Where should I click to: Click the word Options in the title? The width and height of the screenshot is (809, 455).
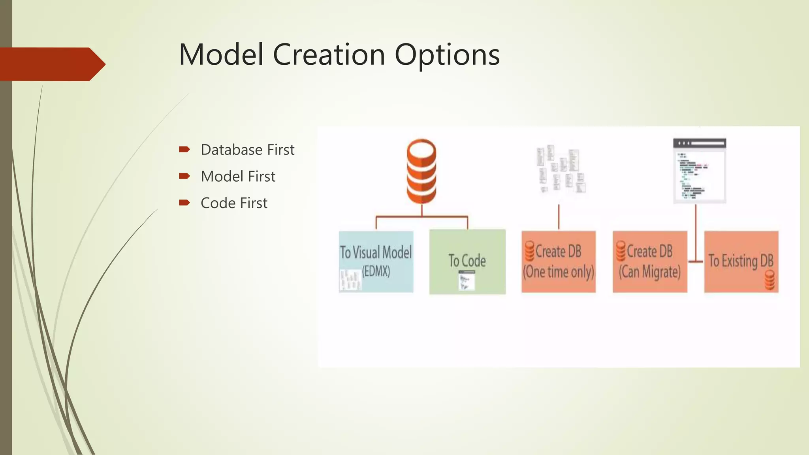[x=447, y=55]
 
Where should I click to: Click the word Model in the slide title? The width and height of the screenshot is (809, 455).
[x=221, y=55]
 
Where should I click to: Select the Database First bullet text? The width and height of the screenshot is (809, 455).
[x=247, y=150]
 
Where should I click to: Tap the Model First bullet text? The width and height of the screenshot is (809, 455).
[x=238, y=177]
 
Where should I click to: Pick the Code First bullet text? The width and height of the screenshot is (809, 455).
[x=234, y=203]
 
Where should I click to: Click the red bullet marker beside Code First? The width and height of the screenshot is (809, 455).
[x=184, y=203]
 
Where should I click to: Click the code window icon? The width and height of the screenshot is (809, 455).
[x=700, y=171]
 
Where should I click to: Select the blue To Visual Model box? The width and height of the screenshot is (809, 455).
[x=376, y=261]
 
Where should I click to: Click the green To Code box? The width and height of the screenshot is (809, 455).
[x=467, y=261]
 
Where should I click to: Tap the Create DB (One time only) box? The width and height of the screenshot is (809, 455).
[x=558, y=261]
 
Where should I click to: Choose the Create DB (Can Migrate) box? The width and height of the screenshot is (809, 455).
[x=650, y=261]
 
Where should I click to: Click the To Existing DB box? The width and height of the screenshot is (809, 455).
[x=741, y=261]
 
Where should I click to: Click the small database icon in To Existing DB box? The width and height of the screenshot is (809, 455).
[x=769, y=280]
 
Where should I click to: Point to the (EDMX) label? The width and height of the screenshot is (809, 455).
[x=376, y=271]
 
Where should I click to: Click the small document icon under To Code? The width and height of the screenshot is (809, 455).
[x=467, y=281]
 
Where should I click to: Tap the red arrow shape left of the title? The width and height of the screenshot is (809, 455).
[x=51, y=64]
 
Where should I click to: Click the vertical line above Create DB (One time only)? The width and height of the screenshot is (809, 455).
[x=559, y=217]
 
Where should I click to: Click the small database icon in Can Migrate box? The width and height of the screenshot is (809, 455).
[x=621, y=251]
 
